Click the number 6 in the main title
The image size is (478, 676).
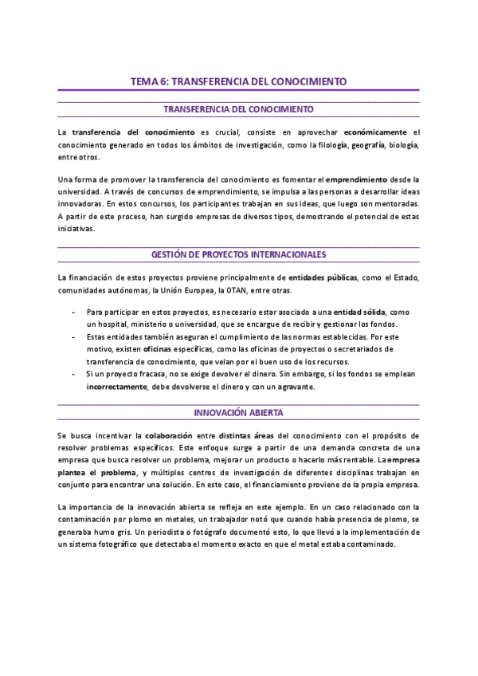tap(164, 81)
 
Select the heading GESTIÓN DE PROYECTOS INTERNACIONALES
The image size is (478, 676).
tap(239, 254)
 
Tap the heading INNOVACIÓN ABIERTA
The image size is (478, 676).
tap(239, 413)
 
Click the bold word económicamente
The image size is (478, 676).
tap(378, 132)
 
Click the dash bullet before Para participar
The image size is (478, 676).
tap(74, 312)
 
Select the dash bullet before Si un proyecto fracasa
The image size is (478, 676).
tap(74, 374)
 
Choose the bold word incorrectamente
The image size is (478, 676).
tap(116, 387)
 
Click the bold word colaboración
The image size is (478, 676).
tap(171, 436)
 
